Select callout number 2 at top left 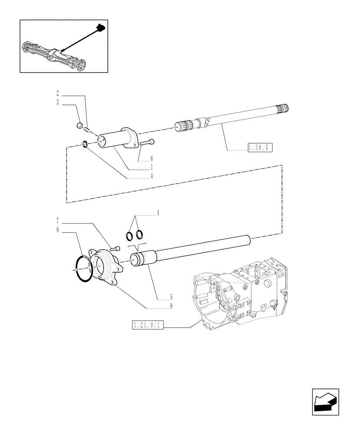(x=57, y=93)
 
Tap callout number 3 (x=57, y=103)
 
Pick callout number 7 (x=57, y=221)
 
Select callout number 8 (x=57, y=230)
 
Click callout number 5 (x=171, y=298)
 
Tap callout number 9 (x=171, y=306)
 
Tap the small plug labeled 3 (x=79, y=126)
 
